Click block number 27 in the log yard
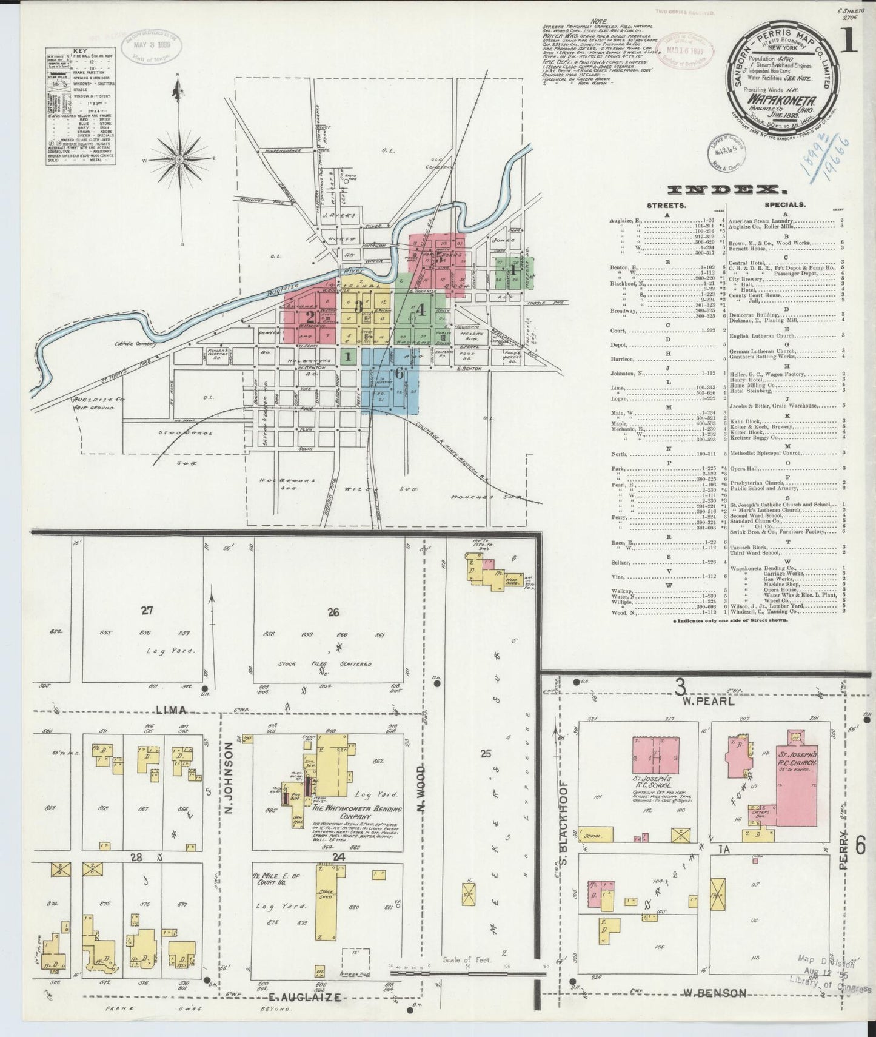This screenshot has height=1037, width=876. [147, 611]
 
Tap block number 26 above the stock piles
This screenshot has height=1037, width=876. [333, 612]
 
